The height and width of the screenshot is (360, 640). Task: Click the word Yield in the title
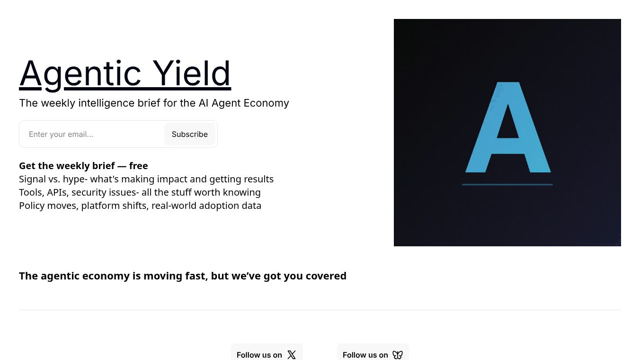[x=192, y=73]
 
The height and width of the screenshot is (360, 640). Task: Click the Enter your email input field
[x=92, y=134]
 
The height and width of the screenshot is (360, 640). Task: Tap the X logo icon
[x=292, y=355]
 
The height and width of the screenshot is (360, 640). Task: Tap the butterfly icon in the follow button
[x=398, y=355]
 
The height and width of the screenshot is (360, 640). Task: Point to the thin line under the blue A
[x=507, y=184]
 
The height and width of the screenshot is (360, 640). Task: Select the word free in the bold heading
[x=138, y=166]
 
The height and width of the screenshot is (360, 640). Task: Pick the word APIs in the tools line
[x=57, y=192]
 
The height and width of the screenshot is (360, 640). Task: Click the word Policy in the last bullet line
[x=32, y=206]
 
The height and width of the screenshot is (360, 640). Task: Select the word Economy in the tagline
[x=267, y=103]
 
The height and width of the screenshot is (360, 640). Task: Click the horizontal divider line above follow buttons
[x=320, y=310]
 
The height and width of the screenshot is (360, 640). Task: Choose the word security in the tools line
[x=90, y=192]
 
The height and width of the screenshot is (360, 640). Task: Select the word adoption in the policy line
[x=211, y=206]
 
